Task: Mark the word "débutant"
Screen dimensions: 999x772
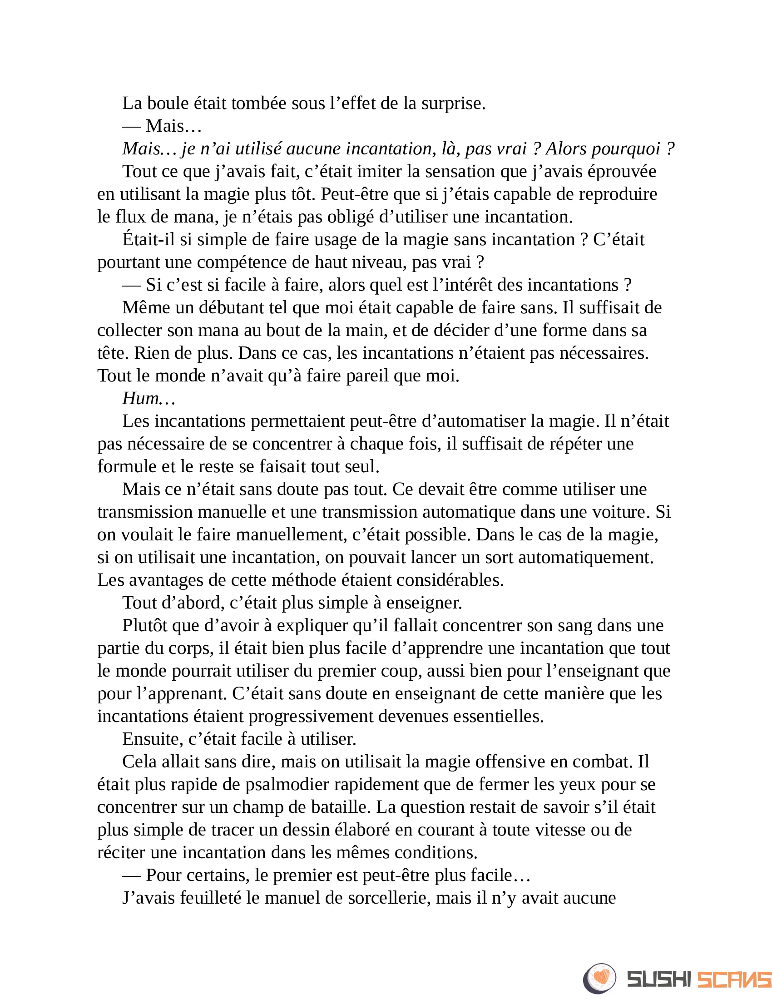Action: [232, 307]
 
